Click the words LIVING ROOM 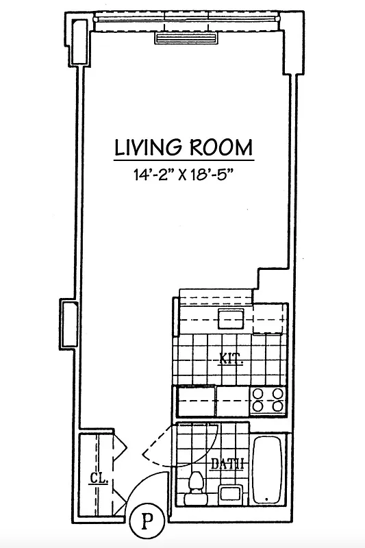[x=183, y=147]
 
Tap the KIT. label [x=231, y=358]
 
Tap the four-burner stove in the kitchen [x=268, y=400]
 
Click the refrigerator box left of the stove [x=197, y=399]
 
